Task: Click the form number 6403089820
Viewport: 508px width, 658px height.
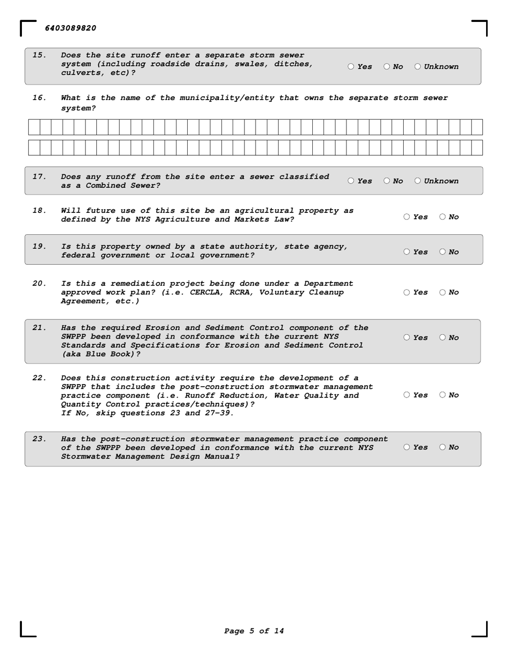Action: pos(71,28)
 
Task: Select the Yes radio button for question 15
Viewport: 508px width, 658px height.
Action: pos(351,67)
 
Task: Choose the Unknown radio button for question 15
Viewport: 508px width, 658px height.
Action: pos(418,67)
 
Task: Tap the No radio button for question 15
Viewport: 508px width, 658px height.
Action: pos(387,67)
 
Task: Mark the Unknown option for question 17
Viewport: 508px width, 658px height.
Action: pos(418,181)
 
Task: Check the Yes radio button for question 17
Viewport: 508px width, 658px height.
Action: pos(351,181)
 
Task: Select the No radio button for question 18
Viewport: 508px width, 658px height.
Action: pos(443,217)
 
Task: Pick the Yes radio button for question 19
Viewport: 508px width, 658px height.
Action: pos(407,252)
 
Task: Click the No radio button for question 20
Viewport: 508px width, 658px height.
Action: pos(443,293)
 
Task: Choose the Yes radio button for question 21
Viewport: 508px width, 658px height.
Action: pos(407,338)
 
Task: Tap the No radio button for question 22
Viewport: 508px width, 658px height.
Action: pos(443,395)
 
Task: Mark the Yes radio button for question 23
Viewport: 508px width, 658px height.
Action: pos(407,447)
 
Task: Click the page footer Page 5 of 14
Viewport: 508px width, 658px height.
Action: pos(254,631)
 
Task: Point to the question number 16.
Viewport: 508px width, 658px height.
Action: pos(39,98)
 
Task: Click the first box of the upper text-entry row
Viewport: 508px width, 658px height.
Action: pos(34,127)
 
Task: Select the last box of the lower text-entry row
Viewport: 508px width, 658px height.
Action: pos(477,148)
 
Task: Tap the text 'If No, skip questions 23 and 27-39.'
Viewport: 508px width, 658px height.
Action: pos(148,413)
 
